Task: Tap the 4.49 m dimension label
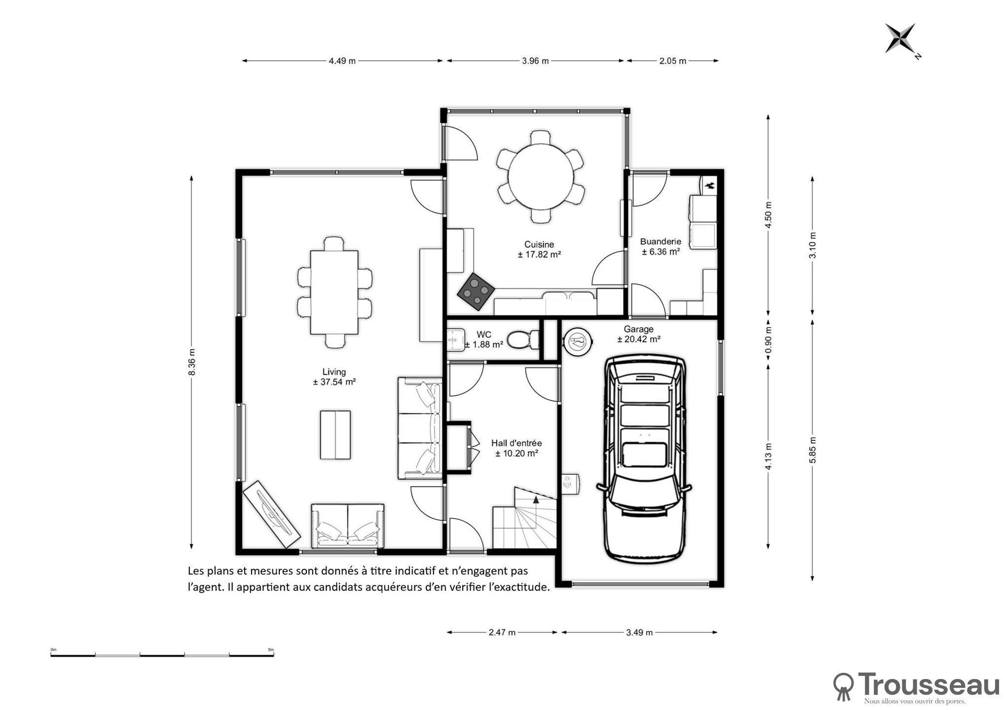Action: pos(342,61)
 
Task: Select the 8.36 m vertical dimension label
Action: pos(192,362)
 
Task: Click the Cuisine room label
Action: pos(539,245)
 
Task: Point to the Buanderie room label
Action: pos(661,242)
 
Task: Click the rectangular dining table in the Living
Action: pos(334,292)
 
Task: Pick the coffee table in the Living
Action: pos(335,435)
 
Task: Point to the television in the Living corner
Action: pos(272,514)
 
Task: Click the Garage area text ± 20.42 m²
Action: pos(639,339)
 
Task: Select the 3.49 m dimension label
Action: pos(639,633)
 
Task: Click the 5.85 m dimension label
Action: pos(813,450)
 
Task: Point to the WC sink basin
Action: pos(455,339)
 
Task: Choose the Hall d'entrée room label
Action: pos(517,443)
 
